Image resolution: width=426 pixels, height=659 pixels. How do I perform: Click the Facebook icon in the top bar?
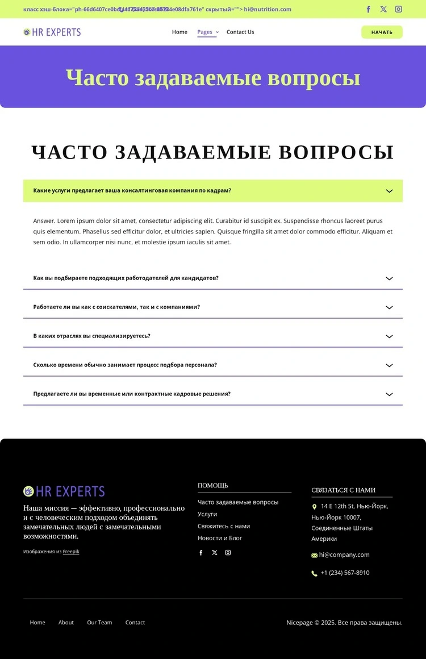click(x=368, y=9)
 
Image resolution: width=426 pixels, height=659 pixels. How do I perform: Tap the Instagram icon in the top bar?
click(x=399, y=9)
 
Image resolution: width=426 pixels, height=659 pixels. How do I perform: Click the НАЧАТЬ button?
click(x=382, y=32)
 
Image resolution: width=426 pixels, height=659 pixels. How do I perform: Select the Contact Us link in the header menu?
click(x=240, y=32)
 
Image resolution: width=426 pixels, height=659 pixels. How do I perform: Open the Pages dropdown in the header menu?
click(x=207, y=32)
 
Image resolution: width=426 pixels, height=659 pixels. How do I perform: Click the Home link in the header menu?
click(x=179, y=32)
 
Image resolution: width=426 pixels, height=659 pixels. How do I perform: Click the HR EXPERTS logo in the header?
click(x=52, y=32)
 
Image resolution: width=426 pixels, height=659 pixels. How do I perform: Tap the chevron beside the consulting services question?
click(x=389, y=191)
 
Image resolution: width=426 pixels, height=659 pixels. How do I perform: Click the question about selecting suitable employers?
click(x=126, y=278)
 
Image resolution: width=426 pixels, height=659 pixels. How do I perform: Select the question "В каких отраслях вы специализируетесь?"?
click(x=92, y=336)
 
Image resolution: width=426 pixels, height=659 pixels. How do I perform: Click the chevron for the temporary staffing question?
click(x=389, y=394)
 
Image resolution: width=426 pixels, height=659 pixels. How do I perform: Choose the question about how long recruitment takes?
click(x=125, y=365)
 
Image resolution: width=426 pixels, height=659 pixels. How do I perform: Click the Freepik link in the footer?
click(x=71, y=552)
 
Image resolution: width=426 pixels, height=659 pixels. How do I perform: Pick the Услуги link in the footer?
click(x=207, y=514)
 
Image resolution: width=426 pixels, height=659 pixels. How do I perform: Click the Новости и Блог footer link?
click(x=220, y=538)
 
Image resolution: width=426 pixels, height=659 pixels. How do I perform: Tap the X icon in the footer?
click(x=215, y=553)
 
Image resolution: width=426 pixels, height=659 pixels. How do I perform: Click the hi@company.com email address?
click(x=344, y=555)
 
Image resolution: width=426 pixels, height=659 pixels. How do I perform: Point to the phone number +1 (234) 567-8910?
click(x=345, y=573)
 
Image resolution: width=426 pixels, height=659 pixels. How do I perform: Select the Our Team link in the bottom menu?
click(x=99, y=623)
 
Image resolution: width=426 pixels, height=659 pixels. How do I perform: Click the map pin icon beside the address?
click(x=315, y=507)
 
